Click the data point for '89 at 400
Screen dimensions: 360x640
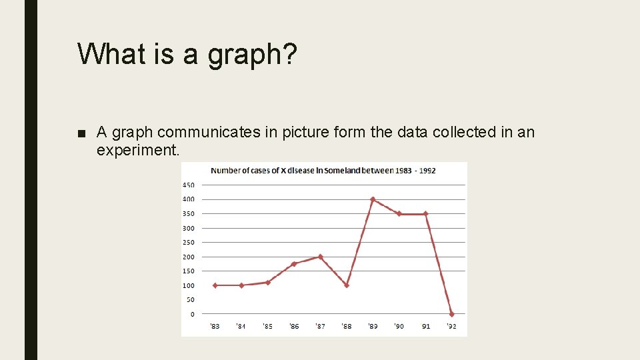pyautogui.click(x=373, y=199)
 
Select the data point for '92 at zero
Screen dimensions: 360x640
pyautogui.click(x=452, y=314)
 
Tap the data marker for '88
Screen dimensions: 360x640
pyautogui.click(x=347, y=285)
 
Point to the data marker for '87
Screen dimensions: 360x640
pyautogui.click(x=321, y=257)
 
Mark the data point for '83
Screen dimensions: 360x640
pyautogui.click(x=215, y=285)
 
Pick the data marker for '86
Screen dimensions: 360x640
pyautogui.click(x=294, y=264)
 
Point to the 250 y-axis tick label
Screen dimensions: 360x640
pyautogui.click(x=188, y=242)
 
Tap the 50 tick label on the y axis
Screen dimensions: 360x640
pyautogui.click(x=191, y=300)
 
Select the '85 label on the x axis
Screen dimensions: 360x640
pyautogui.click(x=267, y=327)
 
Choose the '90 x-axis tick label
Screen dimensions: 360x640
pyautogui.click(x=399, y=327)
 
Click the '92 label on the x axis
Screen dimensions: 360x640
pyautogui.click(x=451, y=327)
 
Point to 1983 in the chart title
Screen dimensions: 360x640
pyautogui.click(x=403, y=171)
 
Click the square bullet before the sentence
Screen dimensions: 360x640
pyautogui.click(x=82, y=133)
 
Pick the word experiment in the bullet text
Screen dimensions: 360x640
pyautogui.click(x=137, y=151)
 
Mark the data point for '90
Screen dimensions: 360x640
pyautogui.click(x=399, y=214)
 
